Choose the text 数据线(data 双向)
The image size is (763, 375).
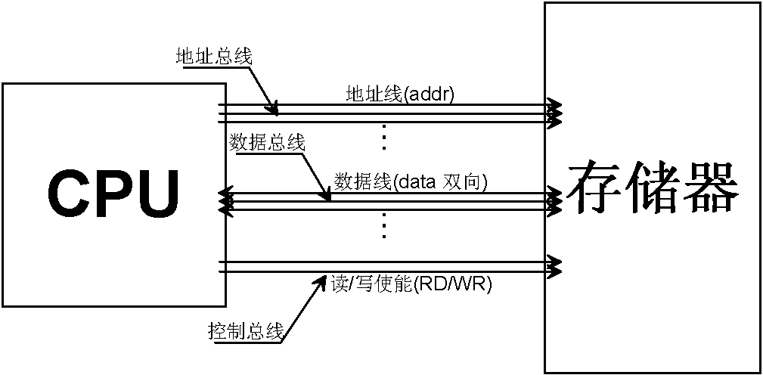pos(411,182)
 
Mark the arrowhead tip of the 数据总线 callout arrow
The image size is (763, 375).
pos(330,201)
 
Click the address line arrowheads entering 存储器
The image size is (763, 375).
pos(556,110)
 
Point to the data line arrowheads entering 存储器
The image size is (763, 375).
pos(556,200)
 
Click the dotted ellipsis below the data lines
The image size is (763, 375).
pos(384,225)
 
